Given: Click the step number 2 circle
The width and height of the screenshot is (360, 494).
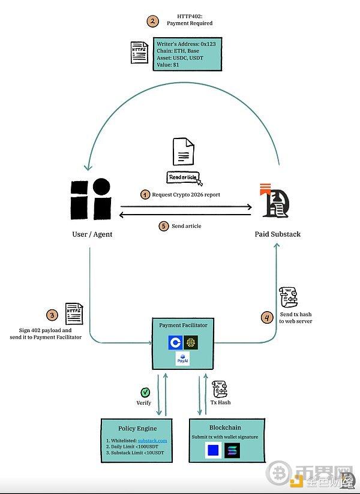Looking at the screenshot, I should pos(152,21).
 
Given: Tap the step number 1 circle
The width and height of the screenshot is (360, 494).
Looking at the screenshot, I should pos(145,195).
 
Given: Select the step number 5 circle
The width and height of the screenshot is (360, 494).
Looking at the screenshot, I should pos(163,226).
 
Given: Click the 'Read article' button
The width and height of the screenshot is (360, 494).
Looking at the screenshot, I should pos(184,177).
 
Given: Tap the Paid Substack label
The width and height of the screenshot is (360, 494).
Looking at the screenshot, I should pos(277,234).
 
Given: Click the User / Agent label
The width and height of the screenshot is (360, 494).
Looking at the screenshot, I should pos(88,234).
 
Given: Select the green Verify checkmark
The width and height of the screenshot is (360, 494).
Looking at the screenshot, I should pos(145,392).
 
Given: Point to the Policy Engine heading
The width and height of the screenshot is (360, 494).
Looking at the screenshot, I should pos(137,428).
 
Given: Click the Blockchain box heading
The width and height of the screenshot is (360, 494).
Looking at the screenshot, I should pos(226,427).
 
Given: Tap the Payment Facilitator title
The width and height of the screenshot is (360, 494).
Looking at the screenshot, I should pos(183,325).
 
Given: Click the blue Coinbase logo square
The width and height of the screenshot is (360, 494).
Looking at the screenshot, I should pos(175,342).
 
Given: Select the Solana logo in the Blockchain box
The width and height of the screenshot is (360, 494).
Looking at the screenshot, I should pos(232,451).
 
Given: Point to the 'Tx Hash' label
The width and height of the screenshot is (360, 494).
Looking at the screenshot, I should pos(220,403).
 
